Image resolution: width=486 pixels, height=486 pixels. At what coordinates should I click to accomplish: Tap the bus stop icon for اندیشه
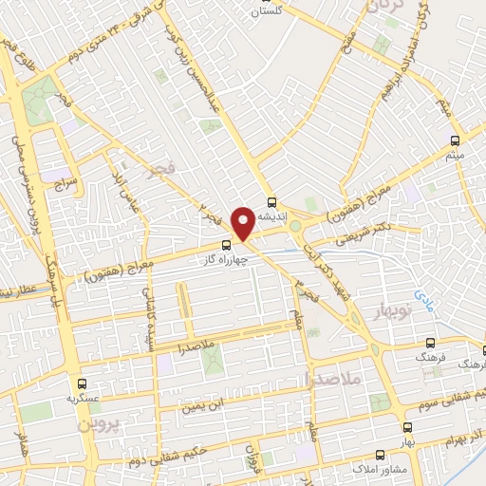[272, 202]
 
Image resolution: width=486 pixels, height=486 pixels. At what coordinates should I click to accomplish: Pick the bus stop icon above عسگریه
[83, 384]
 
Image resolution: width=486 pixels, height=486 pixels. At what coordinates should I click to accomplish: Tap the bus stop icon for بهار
[407, 428]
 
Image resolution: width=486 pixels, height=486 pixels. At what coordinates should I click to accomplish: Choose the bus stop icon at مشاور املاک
[380, 455]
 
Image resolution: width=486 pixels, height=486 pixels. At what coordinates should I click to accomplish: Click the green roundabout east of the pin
[295, 226]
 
